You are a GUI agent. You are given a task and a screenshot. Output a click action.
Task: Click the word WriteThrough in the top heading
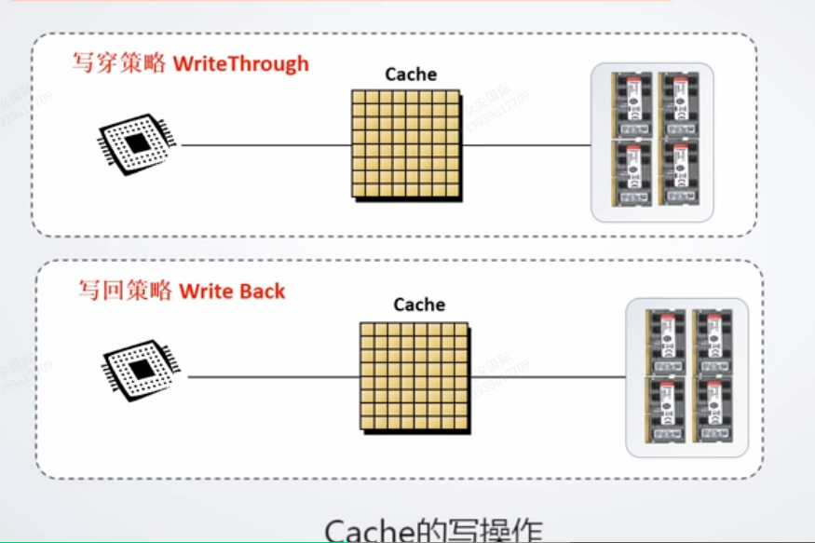240,64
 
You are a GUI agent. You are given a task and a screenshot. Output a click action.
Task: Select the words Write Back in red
232,291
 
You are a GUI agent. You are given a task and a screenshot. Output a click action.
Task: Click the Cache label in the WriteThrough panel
411,75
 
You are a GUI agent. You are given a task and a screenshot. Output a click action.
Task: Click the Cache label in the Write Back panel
419,305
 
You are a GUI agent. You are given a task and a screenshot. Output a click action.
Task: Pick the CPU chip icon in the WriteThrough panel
136,143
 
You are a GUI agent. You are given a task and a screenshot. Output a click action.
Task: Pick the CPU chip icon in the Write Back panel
142,370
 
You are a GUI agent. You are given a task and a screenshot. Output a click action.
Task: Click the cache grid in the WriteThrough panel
405,143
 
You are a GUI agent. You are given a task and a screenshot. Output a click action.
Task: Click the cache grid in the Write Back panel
414,375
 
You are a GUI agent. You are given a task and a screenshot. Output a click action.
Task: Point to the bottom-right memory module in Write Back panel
713,410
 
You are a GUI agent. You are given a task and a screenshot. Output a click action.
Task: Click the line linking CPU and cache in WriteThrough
265,145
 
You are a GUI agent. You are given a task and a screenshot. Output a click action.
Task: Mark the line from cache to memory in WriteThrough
526,145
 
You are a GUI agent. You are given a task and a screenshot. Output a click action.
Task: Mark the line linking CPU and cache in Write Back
273,377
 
